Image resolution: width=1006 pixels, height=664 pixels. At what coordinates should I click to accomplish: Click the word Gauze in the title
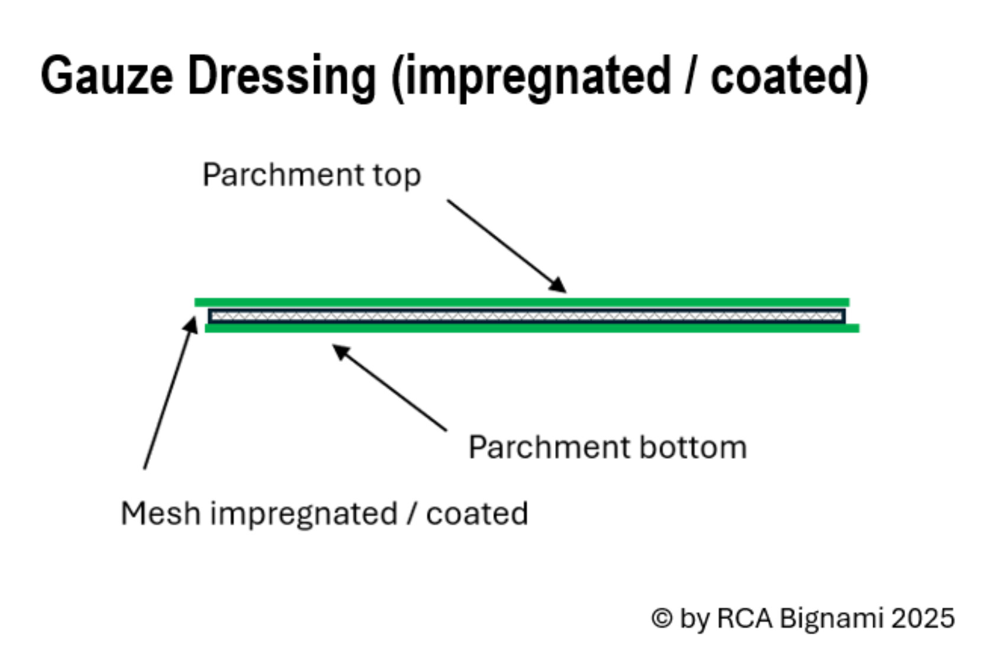[107, 76]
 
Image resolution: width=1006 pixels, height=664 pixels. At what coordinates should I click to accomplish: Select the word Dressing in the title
[282, 76]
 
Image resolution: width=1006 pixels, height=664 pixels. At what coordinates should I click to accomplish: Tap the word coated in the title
[789, 76]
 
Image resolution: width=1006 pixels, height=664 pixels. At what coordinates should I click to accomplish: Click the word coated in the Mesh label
[477, 514]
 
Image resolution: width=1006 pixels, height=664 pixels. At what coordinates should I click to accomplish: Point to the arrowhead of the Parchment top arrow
[558, 285]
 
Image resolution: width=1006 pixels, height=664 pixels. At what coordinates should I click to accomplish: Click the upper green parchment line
[521, 302]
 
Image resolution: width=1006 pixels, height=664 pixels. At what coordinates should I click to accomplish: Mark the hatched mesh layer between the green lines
[527, 316]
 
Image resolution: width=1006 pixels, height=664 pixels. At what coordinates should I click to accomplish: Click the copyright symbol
[662, 618]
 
